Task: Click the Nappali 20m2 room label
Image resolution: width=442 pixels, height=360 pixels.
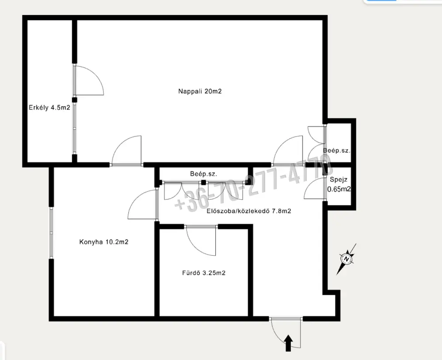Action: coord(200,91)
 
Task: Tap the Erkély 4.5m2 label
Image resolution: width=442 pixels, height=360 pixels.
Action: coord(50,107)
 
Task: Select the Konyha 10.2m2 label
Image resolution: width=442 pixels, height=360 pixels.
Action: coord(104,242)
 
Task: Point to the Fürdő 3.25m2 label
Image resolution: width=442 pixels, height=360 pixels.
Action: coord(203,273)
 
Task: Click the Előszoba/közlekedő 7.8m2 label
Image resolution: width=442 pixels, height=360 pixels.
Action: coord(249,211)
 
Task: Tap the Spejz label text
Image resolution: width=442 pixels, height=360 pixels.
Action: coord(339,180)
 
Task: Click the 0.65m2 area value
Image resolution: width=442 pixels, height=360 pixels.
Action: coord(339,189)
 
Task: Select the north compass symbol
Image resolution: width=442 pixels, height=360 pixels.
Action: coord(347,258)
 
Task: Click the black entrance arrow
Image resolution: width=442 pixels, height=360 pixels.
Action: coord(288,343)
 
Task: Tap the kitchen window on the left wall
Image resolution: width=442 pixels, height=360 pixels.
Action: coord(51,233)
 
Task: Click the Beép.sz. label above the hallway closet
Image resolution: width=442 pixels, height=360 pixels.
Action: coord(203,174)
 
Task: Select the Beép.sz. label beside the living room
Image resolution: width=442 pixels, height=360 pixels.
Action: coord(336,151)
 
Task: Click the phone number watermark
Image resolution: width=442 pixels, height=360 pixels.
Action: coord(253,186)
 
